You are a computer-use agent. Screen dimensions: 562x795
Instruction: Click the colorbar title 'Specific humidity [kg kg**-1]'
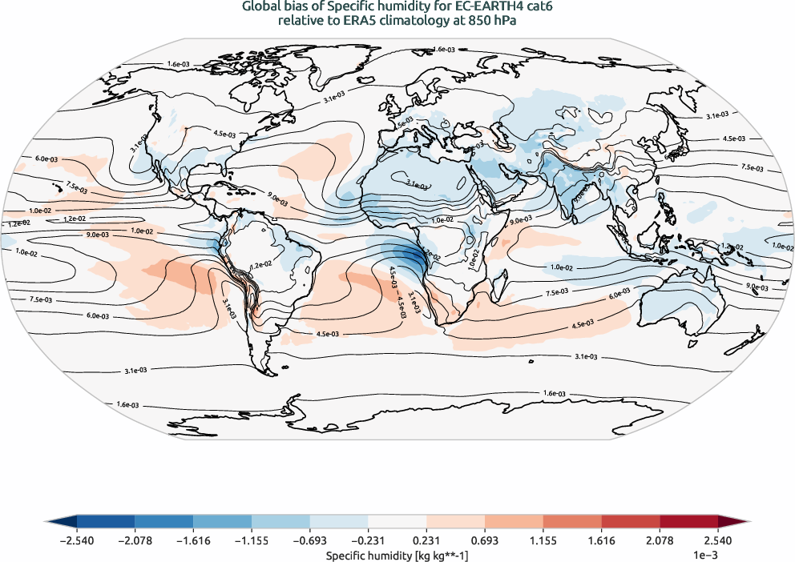click(x=397, y=554)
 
